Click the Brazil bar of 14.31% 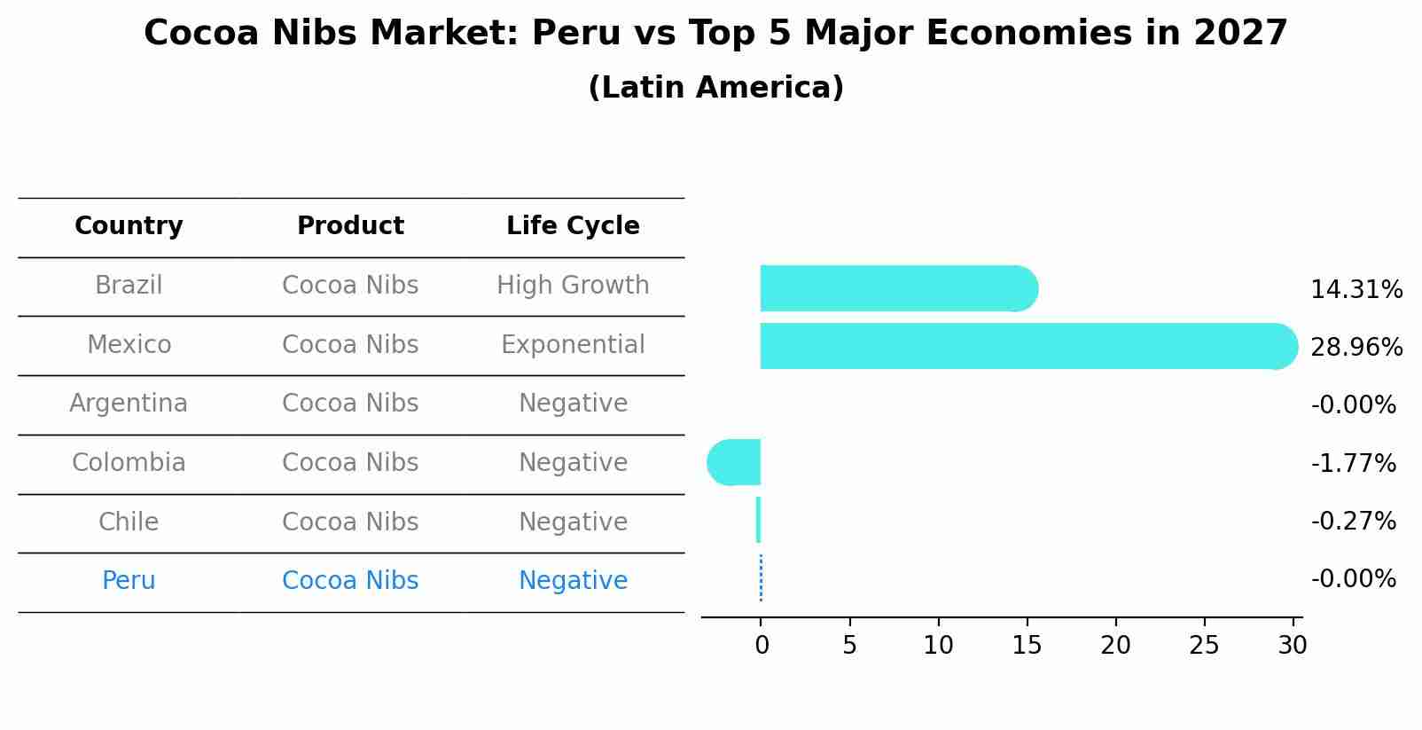tap(895, 288)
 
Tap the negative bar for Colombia tap(735, 462)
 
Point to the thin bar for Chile tap(758, 520)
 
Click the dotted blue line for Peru tap(761, 578)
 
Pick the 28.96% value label tap(1356, 348)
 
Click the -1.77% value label tap(1353, 464)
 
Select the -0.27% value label tap(1353, 522)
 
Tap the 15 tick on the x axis tap(1027, 646)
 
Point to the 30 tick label tap(1292, 646)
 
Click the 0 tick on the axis tap(762, 646)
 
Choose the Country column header tap(129, 226)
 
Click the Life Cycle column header tap(573, 226)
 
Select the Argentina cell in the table tap(129, 404)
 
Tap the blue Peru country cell tap(129, 581)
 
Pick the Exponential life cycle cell tap(573, 345)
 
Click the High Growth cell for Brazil tap(573, 286)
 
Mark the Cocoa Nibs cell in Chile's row tap(350, 522)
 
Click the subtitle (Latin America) tap(715, 88)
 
